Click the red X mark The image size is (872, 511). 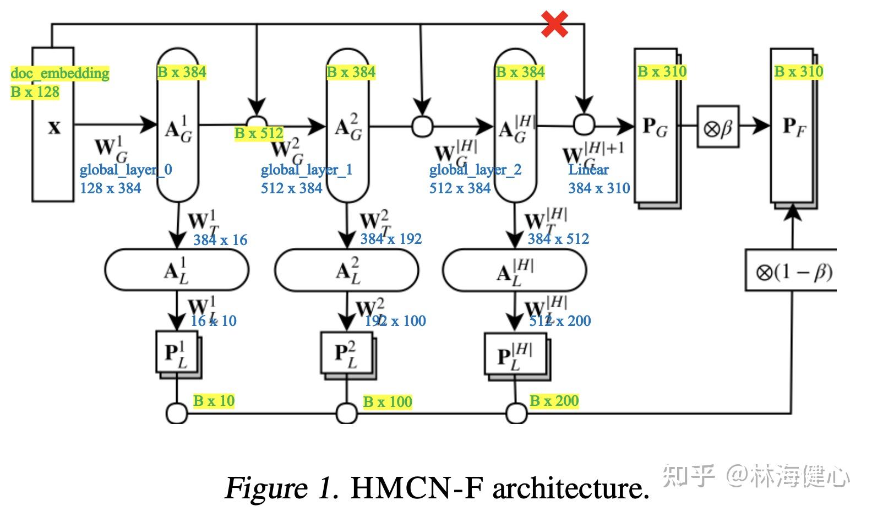tap(554, 25)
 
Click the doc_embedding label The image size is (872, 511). tap(59, 73)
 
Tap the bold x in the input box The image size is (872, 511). tap(54, 128)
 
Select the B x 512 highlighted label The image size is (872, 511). tap(259, 133)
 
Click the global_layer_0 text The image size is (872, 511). tap(126, 170)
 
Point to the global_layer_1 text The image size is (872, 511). tap(307, 170)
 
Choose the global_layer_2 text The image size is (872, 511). tap(475, 170)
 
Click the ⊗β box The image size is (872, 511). tap(718, 128)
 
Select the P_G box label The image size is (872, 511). tap(655, 127)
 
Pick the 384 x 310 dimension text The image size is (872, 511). tap(599, 188)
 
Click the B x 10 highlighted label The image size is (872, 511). tap(214, 401)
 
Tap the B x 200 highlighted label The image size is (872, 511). tap(554, 401)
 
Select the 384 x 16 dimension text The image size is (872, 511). tap(220, 240)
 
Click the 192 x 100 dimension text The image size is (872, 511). tap(395, 321)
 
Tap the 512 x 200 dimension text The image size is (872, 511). tap(560, 321)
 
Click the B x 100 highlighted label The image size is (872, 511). tap(388, 402)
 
